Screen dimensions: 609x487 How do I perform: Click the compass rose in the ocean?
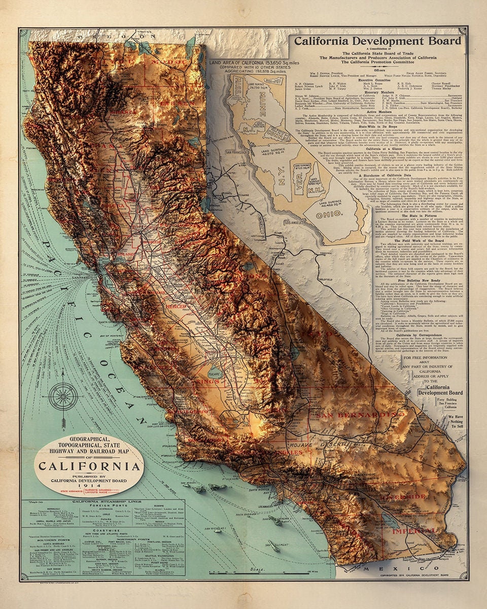[x=64, y=396]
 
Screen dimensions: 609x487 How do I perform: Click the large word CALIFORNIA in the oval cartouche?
[x=89, y=466]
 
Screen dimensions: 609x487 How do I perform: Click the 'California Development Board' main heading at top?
[x=378, y=41]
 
